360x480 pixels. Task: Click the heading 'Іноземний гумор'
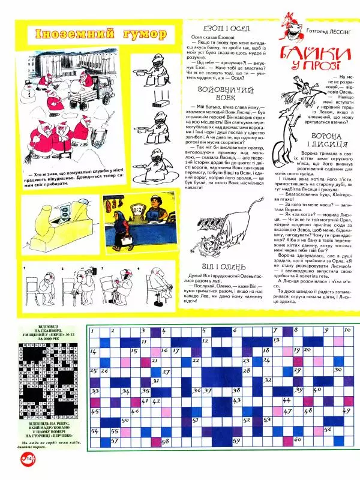tap(100, 34)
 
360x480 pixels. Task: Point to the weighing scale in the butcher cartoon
tap(138, 226)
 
